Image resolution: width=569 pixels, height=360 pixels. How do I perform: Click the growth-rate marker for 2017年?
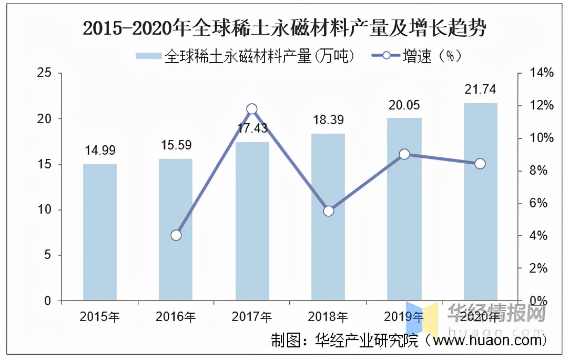[252, 109]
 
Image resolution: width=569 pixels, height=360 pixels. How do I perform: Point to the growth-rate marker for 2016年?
[176, 235]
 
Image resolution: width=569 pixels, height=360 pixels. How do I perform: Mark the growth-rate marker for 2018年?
[329, 211]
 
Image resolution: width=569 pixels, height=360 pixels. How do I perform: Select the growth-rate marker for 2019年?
[404, 154]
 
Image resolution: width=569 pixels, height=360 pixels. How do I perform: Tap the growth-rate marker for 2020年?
[480, 164]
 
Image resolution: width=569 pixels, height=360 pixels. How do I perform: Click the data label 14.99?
[100, 151]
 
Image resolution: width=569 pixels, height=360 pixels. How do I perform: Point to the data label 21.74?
[480, 89]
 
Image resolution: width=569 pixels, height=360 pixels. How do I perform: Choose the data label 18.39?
[328, 120]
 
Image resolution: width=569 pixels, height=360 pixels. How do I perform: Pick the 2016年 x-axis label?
[176, 317]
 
